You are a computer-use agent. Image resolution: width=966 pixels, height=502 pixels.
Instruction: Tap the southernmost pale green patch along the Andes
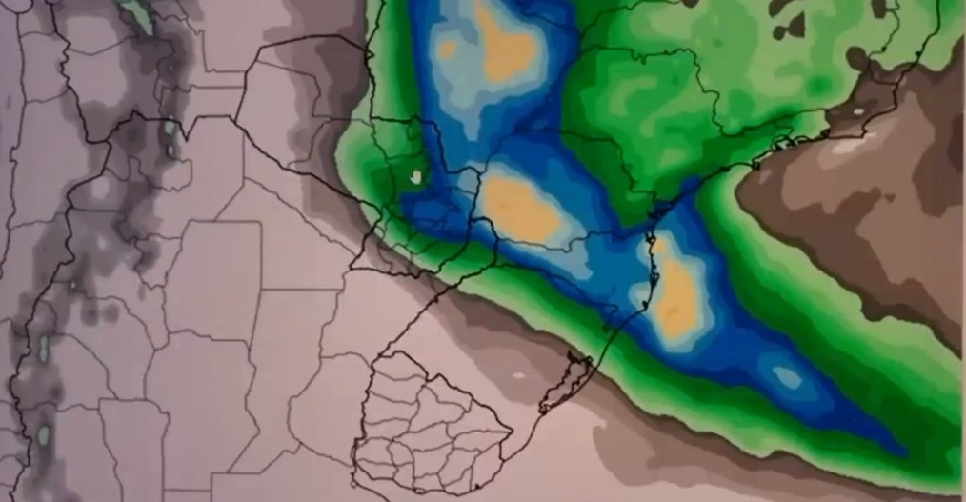(x=42, y=436)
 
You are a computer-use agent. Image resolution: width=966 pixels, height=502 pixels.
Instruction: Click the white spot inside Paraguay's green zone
(x=416, y=175)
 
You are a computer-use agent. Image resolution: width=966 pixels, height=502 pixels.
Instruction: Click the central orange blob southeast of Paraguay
(x=519, y=207)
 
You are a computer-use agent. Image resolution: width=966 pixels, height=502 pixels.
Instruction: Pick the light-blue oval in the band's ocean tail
(x=787, y=377)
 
